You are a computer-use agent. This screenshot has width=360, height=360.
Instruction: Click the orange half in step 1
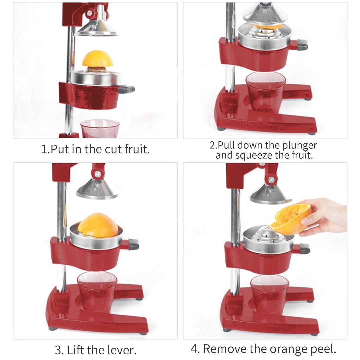(97, 59)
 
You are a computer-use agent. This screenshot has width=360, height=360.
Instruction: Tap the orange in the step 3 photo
(98, 225)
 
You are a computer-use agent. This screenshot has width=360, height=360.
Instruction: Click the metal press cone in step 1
(97, 28)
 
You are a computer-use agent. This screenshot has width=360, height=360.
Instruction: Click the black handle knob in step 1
(127, 89)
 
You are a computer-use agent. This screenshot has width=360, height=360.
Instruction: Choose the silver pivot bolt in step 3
(98, 174)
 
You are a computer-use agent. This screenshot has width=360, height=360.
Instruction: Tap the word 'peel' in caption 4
(322, 349)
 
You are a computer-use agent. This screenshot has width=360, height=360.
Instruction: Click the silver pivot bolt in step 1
(89, 14)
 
